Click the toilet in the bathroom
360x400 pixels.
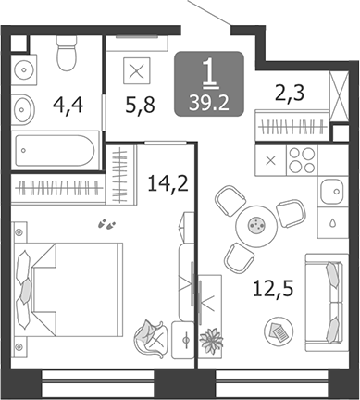pos(67,53)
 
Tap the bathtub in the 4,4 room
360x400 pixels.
pos(55,151)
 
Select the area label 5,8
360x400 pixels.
pos(141,105)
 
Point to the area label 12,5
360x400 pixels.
pos(273,289)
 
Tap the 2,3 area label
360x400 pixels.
pos(290,93)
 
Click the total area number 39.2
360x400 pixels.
pos(209,103)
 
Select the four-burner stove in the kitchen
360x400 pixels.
pos(302,160)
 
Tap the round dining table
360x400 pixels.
pos(256,226)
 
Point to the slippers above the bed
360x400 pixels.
pos(106,224)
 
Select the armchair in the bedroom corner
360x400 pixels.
pos(149,339)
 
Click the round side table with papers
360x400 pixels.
pos(279,331)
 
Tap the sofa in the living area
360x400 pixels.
pos(327,302)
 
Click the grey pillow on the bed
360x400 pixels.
pos(25,290)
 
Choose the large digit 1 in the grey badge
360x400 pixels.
pos(209,72)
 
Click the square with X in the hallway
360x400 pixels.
pos(137,71)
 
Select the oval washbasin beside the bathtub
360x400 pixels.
pos(22,109)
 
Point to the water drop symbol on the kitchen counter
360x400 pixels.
pos(333,222)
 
